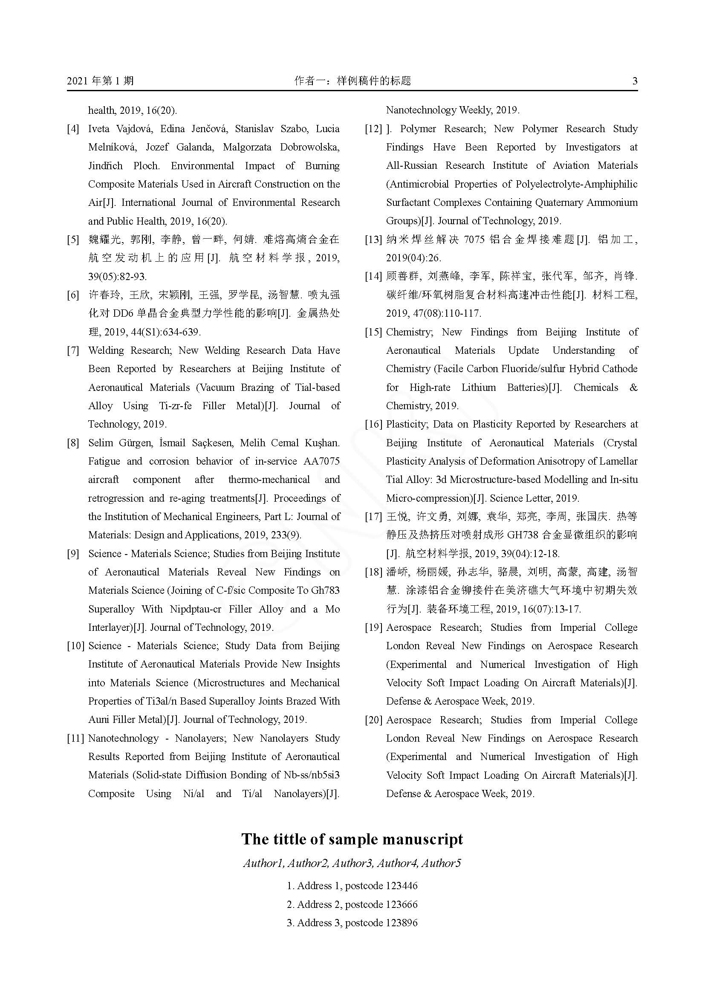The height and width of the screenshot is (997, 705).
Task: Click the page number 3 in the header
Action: coord(635,81)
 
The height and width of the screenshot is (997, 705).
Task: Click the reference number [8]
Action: coord(73,443)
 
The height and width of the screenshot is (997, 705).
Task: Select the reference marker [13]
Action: coord(373,240)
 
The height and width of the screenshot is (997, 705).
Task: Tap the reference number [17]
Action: coord(373,517)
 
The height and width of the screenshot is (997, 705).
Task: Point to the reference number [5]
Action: coord(73,240)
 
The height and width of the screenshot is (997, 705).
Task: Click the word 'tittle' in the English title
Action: coord(290,839)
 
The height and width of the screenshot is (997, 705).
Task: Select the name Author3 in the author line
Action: coord(352,863)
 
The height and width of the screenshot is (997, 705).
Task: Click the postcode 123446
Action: coord(402,885)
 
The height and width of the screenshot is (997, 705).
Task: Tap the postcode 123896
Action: coord(402,923)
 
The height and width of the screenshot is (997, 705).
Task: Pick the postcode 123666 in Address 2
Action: coord(402,905)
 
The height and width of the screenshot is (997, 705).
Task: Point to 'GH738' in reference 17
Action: coord(523,535)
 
